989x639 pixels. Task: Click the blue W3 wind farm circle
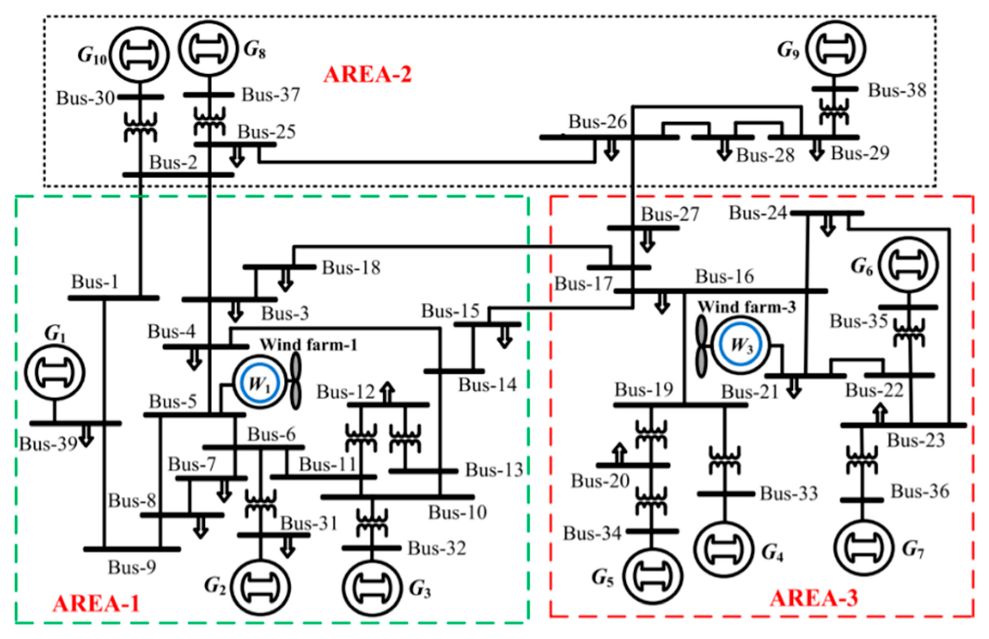[740, 344]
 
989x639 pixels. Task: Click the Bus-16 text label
[725, 276]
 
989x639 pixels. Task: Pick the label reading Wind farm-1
[308, 344]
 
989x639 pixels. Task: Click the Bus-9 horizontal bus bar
[132, 549]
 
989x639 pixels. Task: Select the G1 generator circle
[54, 372]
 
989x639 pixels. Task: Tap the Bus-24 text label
[758, 213]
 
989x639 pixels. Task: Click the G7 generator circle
[864, 548]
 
